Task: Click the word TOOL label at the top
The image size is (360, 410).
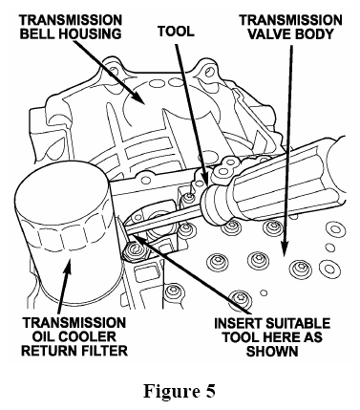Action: (176, 32)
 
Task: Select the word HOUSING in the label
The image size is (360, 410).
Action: (87, 33)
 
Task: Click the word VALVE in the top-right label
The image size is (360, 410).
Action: (269, 33)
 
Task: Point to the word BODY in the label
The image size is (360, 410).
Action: (313, 33)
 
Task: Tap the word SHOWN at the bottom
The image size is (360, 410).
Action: (272, 351)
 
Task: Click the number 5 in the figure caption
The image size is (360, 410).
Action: (210, 390)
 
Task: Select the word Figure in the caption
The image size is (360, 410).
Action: (171, 391)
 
